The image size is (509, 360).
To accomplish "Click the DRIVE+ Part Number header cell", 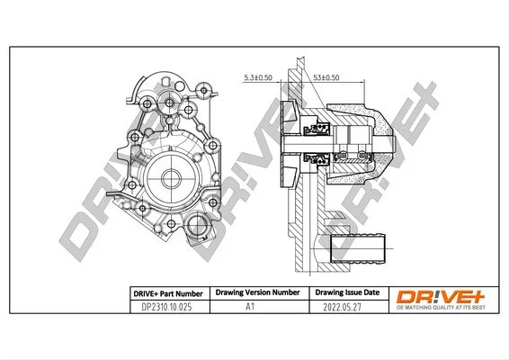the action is [168, 293].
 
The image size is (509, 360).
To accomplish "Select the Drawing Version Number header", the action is [257, 292].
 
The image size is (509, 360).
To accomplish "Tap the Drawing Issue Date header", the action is [347, 292].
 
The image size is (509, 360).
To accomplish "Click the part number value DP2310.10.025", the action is [166, 307].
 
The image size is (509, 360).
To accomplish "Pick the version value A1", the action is [250, 306].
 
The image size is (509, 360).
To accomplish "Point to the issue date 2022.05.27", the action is [342, 307].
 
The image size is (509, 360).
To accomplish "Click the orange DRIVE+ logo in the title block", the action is [441, 297].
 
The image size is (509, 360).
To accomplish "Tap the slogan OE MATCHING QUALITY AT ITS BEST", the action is [441, 308].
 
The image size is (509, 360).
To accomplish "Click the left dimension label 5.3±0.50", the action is [258, 77].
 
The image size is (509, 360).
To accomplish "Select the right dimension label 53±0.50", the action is [326, 77].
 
